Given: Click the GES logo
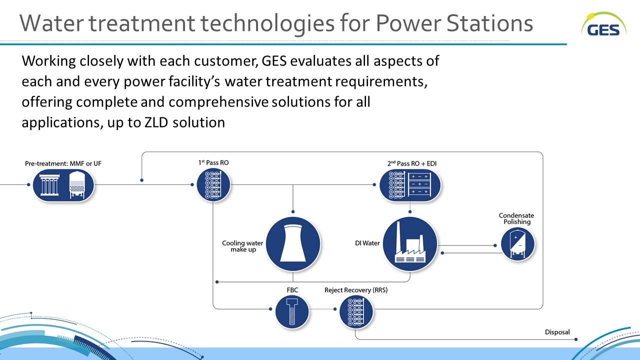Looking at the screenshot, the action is (x=603, y=24).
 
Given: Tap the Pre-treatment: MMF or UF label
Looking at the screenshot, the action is (x=63, y=163).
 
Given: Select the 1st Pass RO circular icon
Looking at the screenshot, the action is (x=213, y=184).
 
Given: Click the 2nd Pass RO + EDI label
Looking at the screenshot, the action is (x=412, y=163).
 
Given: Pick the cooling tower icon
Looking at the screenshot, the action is (x=293, y=243).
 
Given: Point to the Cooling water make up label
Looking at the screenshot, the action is (x=242, y=246).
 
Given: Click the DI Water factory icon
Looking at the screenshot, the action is (x=410, y=243).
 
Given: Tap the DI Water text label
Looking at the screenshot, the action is (x=367, y=243).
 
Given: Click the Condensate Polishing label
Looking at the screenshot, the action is (x=516, y=218).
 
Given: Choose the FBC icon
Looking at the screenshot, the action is (x=292, y=311).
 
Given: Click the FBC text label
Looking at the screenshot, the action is (x=292, y=290).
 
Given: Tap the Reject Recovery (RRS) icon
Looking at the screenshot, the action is (x=356, y=311).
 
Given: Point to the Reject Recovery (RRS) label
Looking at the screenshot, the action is (x=356, y=290).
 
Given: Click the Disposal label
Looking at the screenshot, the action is (x=557, y=332).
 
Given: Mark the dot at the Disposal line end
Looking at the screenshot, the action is (x=575, y=339).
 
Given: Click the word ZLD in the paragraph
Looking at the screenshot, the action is (x=156, y=122).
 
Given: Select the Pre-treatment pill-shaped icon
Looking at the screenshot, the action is (x=63, y=185).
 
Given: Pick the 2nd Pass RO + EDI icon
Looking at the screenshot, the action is (x=410, y=185).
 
